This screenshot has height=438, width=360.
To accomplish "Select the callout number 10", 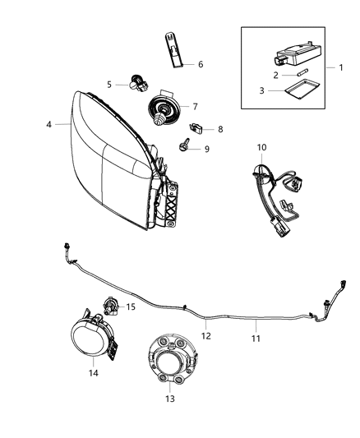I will pyautogui.click(x=262, y=148).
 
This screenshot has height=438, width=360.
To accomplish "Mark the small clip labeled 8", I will pyautogui.click(x=196, y=127).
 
